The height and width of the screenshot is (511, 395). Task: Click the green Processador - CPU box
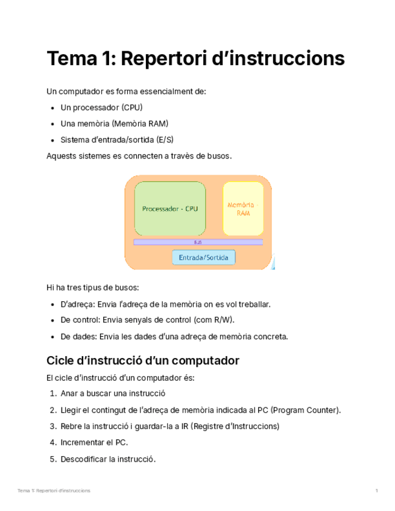tap(169, 208)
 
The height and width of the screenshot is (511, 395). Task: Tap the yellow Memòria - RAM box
tap(243, 208)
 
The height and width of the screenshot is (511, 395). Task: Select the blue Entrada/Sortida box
tap(203, 257)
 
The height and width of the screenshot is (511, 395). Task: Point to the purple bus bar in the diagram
tap(198, 242)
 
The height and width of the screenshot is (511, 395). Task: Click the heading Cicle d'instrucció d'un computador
tap(143, 361)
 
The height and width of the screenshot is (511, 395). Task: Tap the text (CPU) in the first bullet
tap(131, 108)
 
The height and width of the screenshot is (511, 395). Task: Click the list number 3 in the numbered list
tap(53, 427)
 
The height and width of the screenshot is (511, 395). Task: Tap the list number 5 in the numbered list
tap(53, 459)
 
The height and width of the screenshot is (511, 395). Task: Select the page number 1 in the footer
tap(376, 491)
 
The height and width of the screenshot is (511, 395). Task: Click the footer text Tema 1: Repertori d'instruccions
tap(54, 491)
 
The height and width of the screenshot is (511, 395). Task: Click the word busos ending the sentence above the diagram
tap(218, 156)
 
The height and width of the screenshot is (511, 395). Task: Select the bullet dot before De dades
tap(55, 337)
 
